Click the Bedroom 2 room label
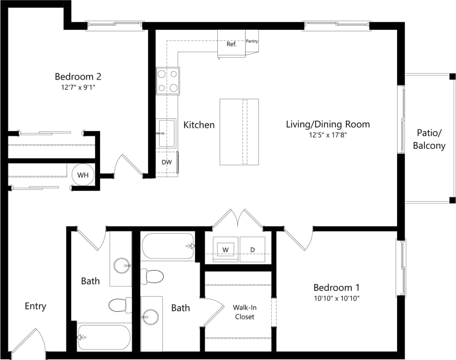coord(78,77)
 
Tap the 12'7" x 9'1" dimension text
coord(78,88)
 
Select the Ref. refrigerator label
coord(231,44)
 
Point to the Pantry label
coord(252,41)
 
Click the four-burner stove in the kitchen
coord(167,81)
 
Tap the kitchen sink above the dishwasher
coord(167,133)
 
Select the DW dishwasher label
coord(167,162)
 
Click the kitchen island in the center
coord(239,132)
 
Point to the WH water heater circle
coord(83,175)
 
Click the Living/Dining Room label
coord(328,124)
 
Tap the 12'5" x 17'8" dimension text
coord(328,135)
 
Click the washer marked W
coord(225,249)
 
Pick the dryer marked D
coord(252,249)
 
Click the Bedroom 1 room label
coord(336,288)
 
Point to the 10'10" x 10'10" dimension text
coord(336,298)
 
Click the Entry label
coord(35,306)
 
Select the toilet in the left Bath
coord(119,305)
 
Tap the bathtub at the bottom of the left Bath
coord(103,337)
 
